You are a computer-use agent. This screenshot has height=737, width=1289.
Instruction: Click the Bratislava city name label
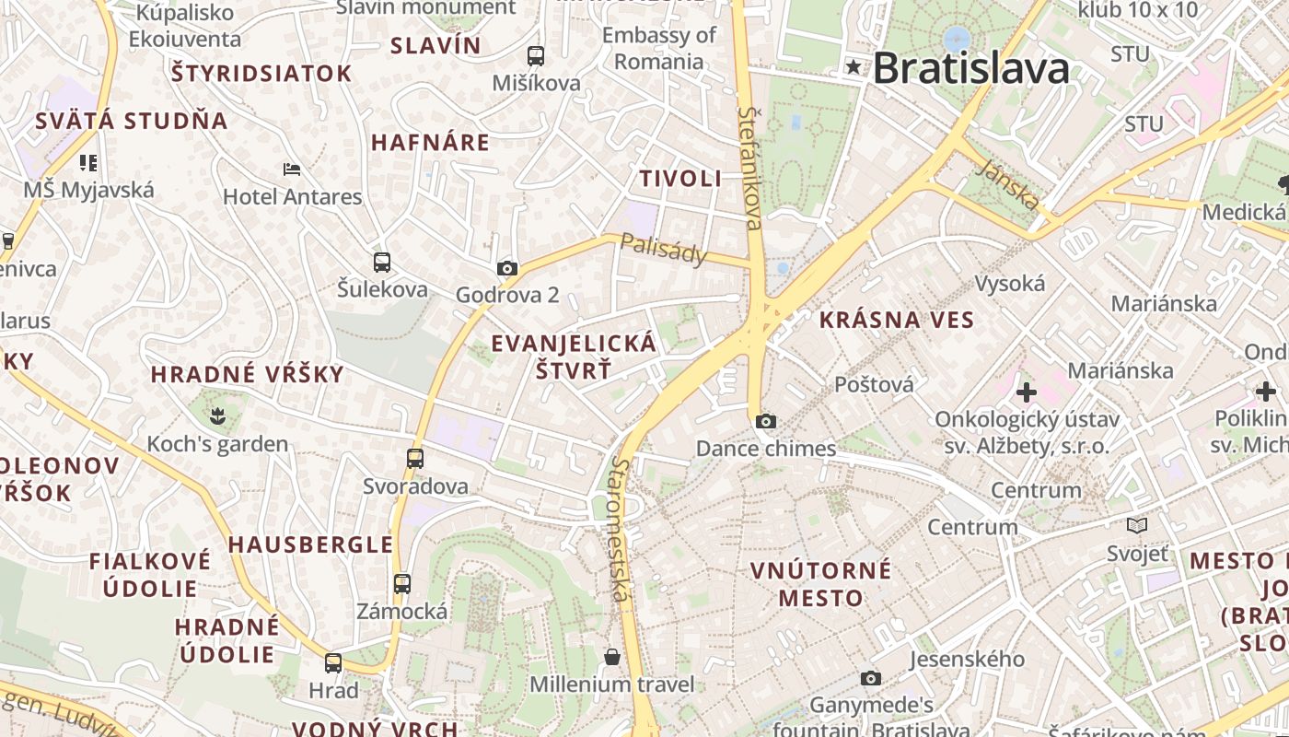click(x=971, y=68)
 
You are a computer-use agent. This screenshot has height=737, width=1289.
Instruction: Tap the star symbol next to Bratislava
click(x=854, y=66)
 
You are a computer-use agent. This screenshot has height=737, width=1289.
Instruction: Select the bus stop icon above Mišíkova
click(x=536, y=56)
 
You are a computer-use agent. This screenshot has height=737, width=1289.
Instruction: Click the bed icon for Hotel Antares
click(x=292, y=170)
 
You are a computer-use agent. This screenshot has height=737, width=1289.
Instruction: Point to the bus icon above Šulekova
click(x=382, y=263)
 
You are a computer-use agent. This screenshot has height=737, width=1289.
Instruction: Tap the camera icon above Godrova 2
click(x=507, y=269)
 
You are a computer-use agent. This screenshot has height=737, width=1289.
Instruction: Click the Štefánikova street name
click(x=751, y=167)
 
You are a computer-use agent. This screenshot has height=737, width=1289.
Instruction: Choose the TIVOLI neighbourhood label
click(x=681, y=179)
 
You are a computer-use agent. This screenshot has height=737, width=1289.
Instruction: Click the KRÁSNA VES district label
click(x=896, y=321)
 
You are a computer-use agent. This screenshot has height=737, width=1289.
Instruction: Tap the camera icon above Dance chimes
click(x=765, y=422)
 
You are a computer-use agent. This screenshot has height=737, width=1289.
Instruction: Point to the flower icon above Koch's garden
click(x=217, y=416)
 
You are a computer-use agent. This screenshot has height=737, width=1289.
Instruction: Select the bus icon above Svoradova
click(x=415, y=458)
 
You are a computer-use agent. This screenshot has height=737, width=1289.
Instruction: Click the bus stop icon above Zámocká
click(x=402, y=583)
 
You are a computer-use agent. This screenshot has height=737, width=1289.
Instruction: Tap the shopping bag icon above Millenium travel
click(x=611, y=657)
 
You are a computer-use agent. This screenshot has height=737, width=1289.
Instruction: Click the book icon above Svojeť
click(x=1138, y=525)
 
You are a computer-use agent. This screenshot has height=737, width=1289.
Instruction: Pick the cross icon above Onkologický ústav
click(x=1027, y=393)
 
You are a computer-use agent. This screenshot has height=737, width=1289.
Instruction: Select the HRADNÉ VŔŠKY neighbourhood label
click(x=247, y=374)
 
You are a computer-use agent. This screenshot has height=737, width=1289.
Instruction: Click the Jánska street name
click(x=1010, y=183)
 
